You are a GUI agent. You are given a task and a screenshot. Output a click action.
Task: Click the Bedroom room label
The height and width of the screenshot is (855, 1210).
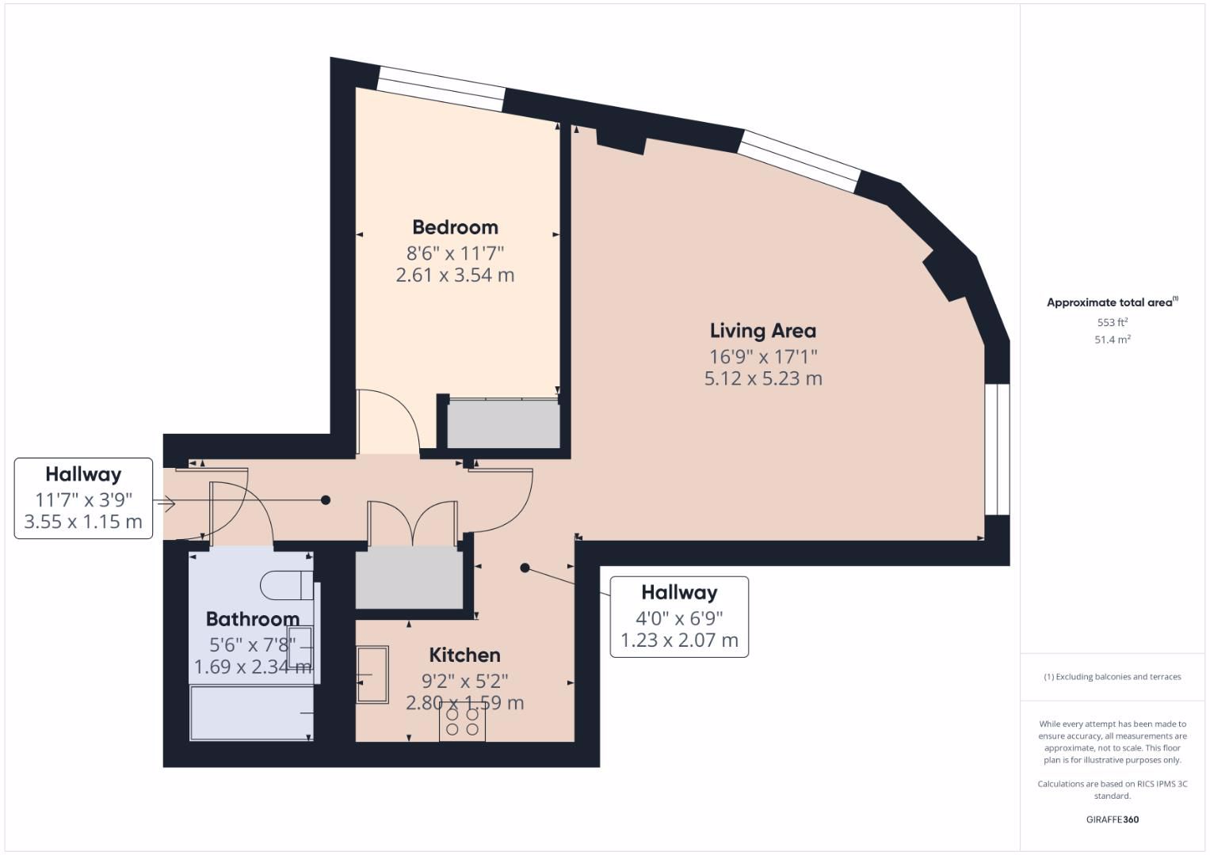455,227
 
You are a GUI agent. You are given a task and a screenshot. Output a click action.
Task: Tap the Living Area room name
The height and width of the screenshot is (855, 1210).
762,331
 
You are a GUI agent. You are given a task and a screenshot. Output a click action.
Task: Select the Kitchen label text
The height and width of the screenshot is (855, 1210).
464,655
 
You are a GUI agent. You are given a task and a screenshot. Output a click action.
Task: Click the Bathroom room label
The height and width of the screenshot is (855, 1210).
252,619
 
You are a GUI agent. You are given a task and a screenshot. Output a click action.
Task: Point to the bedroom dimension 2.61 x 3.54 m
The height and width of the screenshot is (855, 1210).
455,275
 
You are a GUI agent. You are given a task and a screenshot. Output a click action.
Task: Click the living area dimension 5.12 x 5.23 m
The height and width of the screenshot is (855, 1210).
763,378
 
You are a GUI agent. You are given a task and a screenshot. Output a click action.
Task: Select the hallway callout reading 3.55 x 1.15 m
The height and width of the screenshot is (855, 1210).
83,522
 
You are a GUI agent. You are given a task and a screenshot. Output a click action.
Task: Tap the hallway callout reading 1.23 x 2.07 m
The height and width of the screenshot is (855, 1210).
679,640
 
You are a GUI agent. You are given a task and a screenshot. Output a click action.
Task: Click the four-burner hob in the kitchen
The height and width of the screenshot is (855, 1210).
462,721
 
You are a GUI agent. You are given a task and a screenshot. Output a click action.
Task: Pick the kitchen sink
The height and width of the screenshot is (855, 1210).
372,674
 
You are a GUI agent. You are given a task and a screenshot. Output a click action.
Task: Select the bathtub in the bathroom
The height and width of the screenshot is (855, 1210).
251,713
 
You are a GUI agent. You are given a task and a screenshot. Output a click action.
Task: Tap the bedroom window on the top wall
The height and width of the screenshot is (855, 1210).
441,89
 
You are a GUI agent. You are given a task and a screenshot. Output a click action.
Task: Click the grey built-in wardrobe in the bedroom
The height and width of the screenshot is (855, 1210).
503,426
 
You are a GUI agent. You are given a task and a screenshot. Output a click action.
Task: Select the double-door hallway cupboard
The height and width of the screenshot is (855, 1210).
409,578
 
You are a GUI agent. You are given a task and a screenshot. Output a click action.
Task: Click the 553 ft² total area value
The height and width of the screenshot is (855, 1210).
1112,322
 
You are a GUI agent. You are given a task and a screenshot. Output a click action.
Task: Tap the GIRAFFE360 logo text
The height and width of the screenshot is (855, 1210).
1112,819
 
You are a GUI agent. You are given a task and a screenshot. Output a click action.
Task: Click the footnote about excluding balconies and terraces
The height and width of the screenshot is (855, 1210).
1112,677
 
